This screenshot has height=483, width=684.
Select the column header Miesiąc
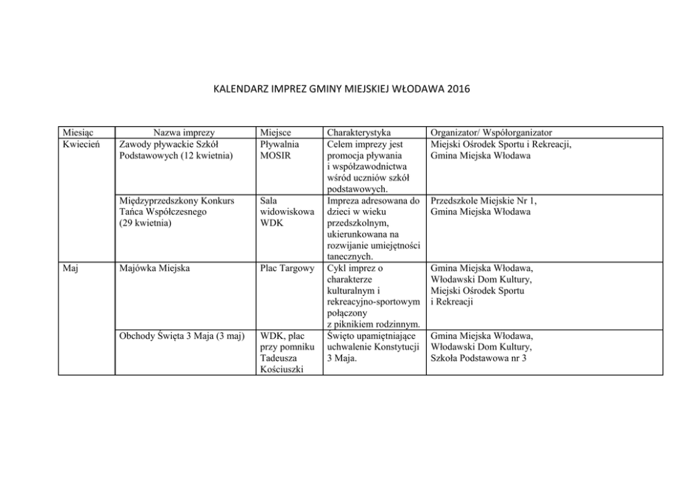coord(78,132)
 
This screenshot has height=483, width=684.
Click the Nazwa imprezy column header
coord(184,132)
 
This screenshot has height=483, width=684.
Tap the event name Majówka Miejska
coord(157,268)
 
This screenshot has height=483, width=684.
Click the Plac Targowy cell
coord(287,268)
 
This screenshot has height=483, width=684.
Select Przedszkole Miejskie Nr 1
coord(483,201)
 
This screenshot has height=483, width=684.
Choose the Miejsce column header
coord(276,132)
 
